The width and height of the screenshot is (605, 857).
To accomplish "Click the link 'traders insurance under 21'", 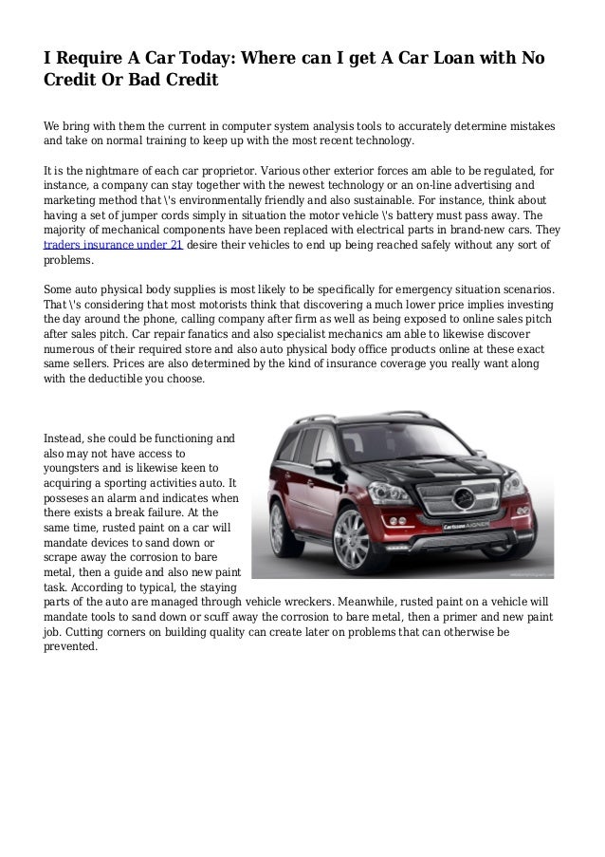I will pyautogui.click(x=114, y=245).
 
